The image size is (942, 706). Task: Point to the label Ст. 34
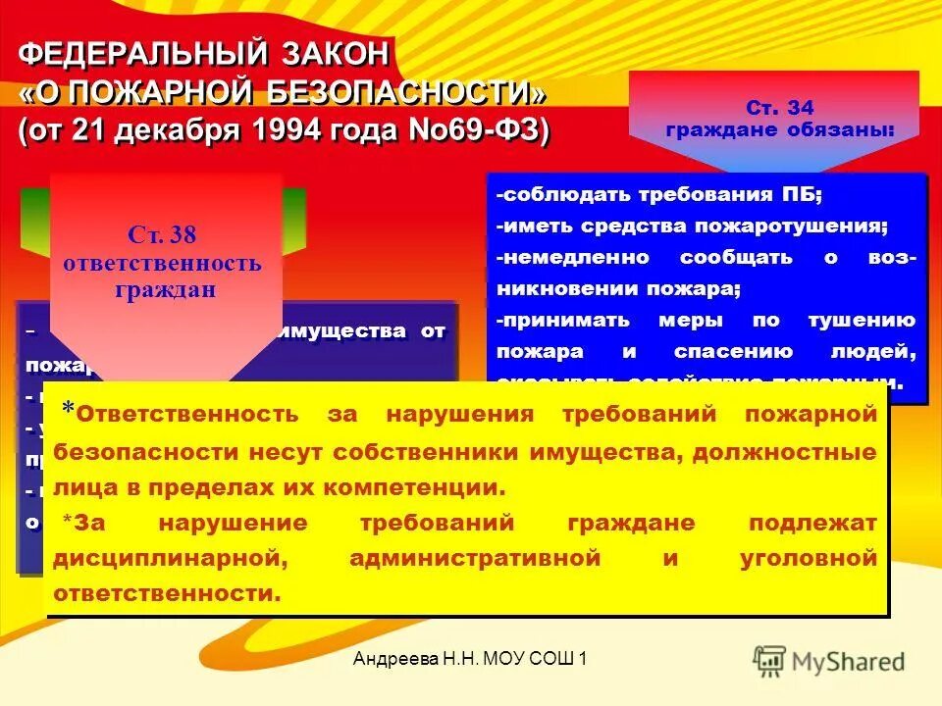(779, 108)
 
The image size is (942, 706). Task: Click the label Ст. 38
(162, 234)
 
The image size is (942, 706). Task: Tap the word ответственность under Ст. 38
(162, 263)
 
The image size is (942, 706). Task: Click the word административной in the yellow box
(474, 558)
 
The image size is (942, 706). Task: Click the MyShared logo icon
(770, 660)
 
